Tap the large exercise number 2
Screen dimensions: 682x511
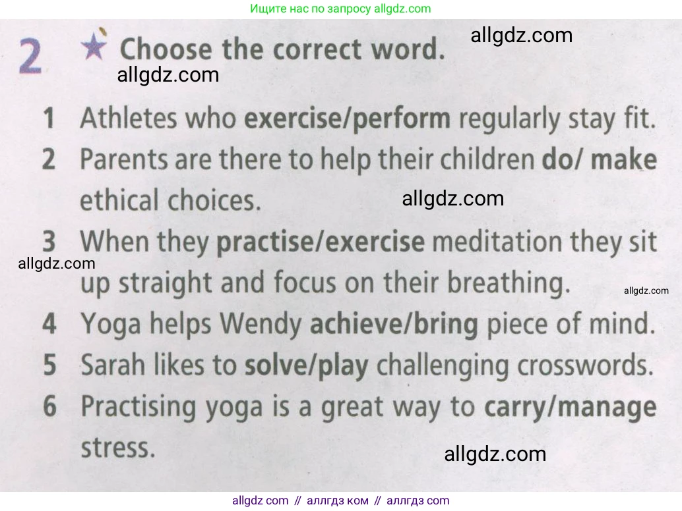click(x=30, y=57)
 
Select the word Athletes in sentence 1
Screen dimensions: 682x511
click(x=129, y=118)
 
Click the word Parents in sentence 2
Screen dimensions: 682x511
click(x=123, y=159)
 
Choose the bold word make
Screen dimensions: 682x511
click(x=624, y=159)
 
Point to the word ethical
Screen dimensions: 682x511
click(x=119, y=200)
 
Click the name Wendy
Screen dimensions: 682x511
click(x=261, y=324)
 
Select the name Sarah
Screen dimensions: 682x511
click(x=113, y=365)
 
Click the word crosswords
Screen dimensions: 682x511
click(x=586, y=365)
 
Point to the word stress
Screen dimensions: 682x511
click(x=118, y=448)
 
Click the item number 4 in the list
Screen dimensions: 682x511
click(x=49, y=324)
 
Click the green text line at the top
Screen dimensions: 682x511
click(x=340, y=9)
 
